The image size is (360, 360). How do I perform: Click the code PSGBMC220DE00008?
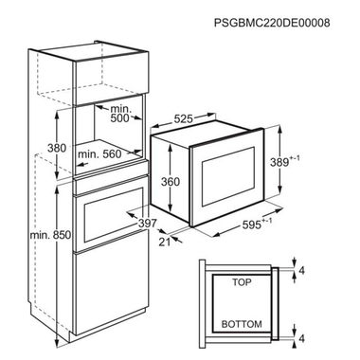(x=284, y=22)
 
